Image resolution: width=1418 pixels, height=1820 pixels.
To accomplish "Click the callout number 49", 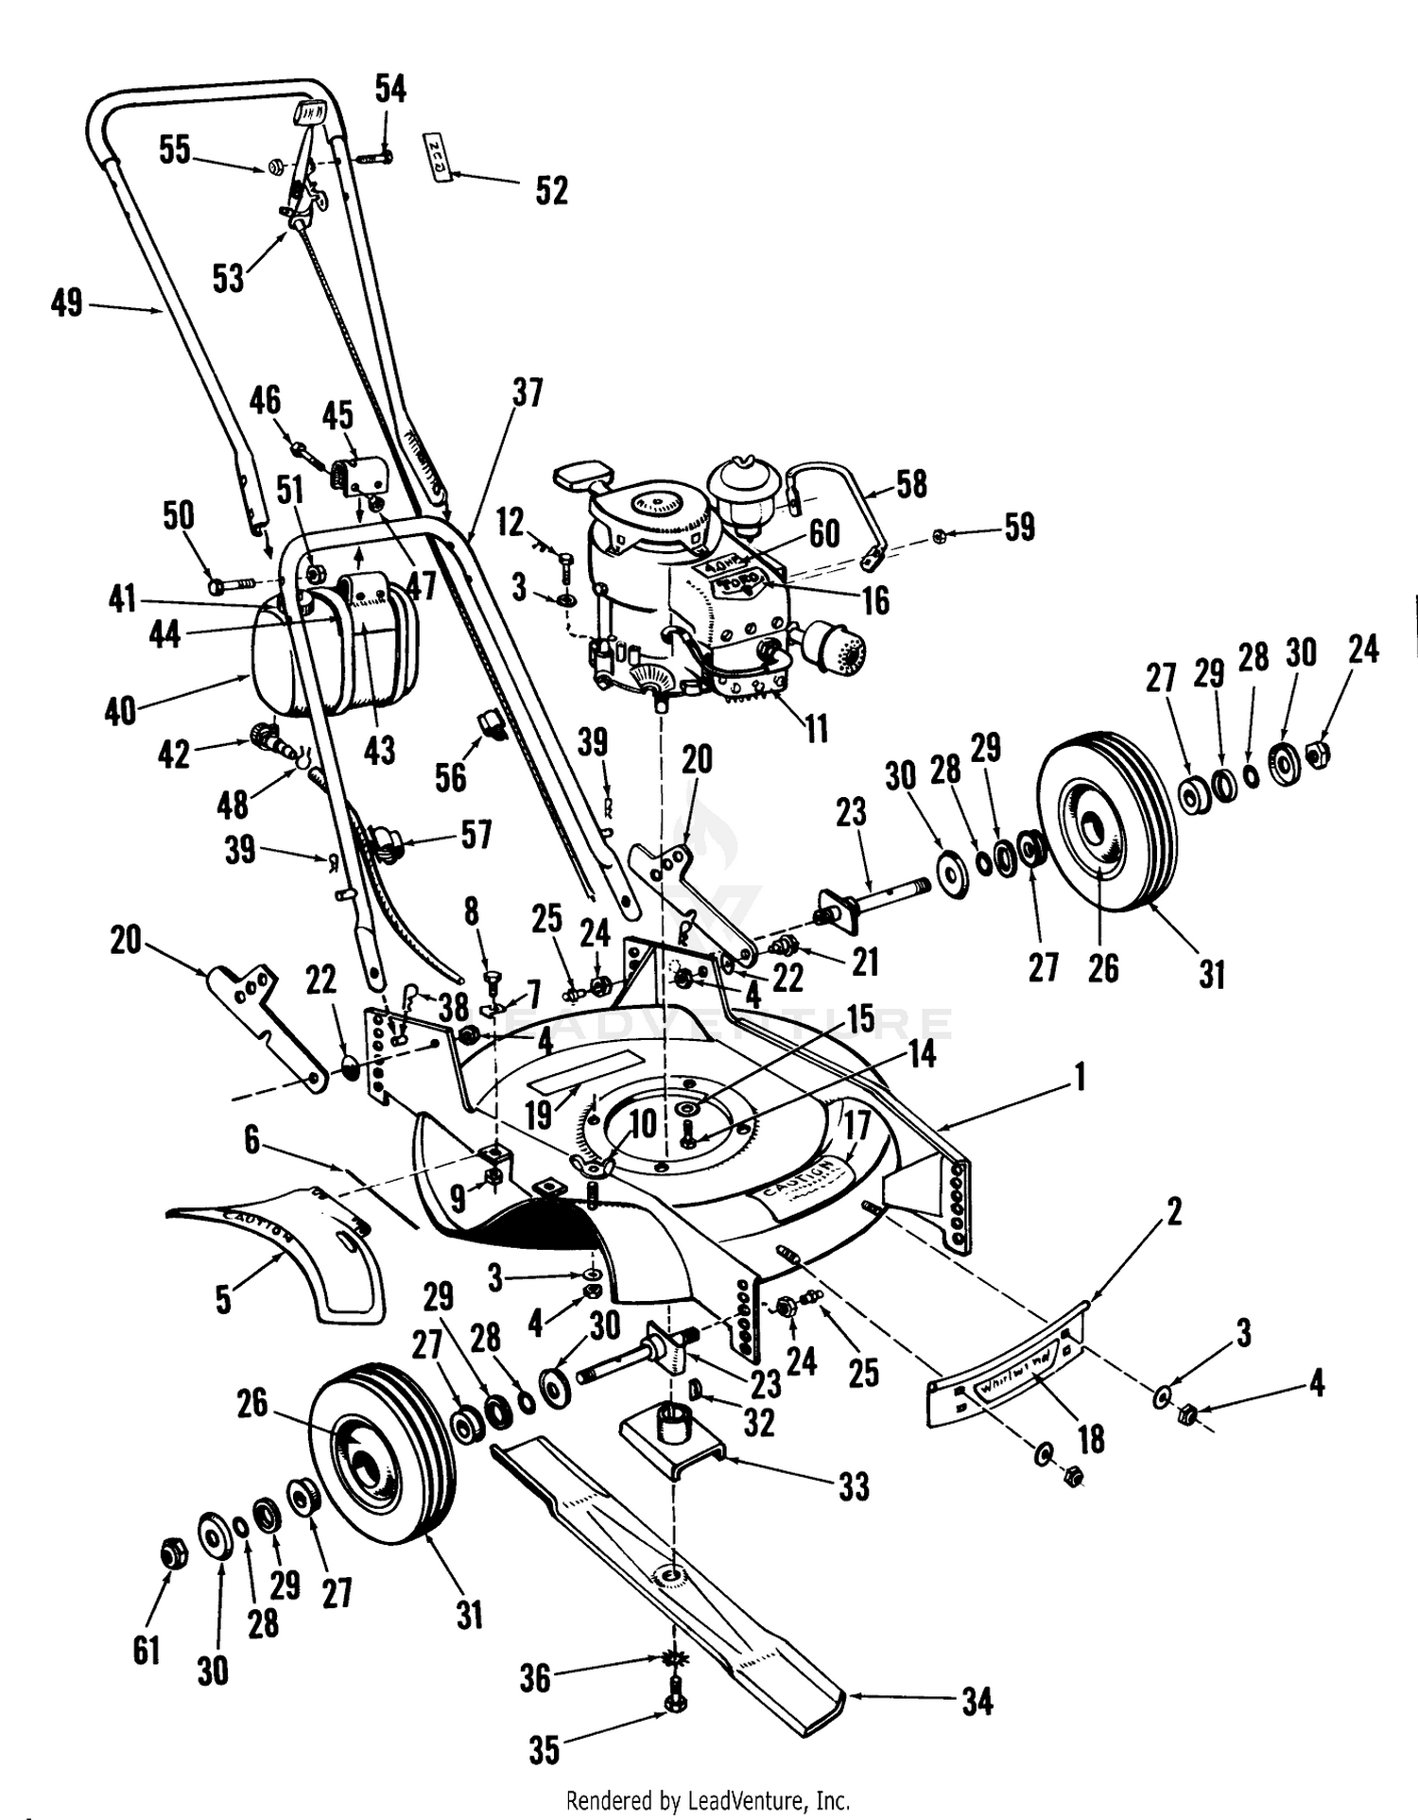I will coord(67,303).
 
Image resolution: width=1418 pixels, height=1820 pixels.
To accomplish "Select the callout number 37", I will coord(527,392).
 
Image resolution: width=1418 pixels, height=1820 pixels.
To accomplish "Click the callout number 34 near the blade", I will coord(977,1702).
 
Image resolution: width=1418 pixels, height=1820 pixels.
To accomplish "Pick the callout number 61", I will coord(146,1651).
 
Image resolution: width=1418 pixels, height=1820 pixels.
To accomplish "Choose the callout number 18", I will coord(1091,1439).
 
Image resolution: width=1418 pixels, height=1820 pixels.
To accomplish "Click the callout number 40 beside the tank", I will coord(120,710).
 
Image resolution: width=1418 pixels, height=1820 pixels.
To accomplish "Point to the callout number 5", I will coord(223,1299).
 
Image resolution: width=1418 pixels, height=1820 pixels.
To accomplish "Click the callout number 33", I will coord(854,1486).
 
